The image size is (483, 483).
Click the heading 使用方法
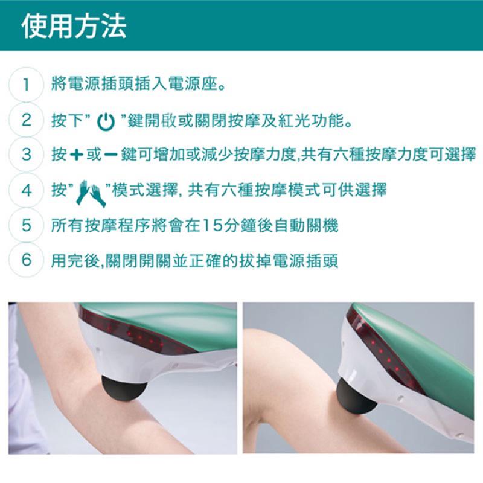click(x=74, y=27)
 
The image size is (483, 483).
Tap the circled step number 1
click(x=26, y=85)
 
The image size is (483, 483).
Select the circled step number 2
click(x=26, y=120)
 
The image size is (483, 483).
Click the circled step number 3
click(x=26, y=155)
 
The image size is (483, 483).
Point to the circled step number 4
click(x=26, y=190)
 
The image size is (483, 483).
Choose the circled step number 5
click(x=26, y=225)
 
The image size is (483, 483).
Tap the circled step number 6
click(x=26, y=260)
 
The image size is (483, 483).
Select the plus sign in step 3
click(x=77, y=155)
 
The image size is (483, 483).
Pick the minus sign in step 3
click(x=110, y=155)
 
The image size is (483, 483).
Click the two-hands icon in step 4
click(x=91, y=193)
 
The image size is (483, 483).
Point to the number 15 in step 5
click(x=213, y=225)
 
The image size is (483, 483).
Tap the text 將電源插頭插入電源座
click(x=135, y=84)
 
